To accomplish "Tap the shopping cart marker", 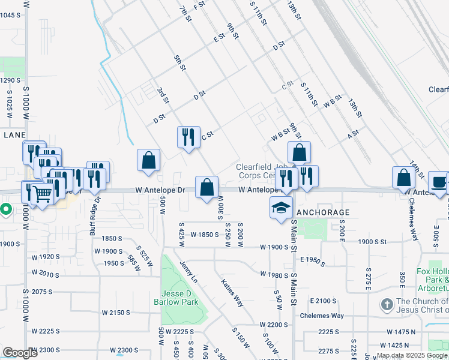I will (x=42, y=194).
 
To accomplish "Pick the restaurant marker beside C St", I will (x=188, y=137).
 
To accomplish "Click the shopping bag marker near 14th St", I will (x=403, y=178).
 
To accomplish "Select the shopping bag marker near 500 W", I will (x=148, y=160).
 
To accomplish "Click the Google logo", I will (x=20, y=353).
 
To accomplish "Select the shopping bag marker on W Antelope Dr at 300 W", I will (x=206, y=187).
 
